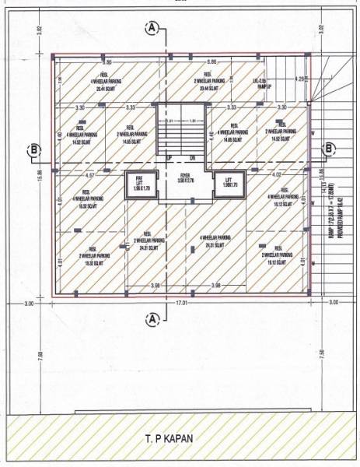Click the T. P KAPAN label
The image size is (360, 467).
[x=180, y=438]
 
